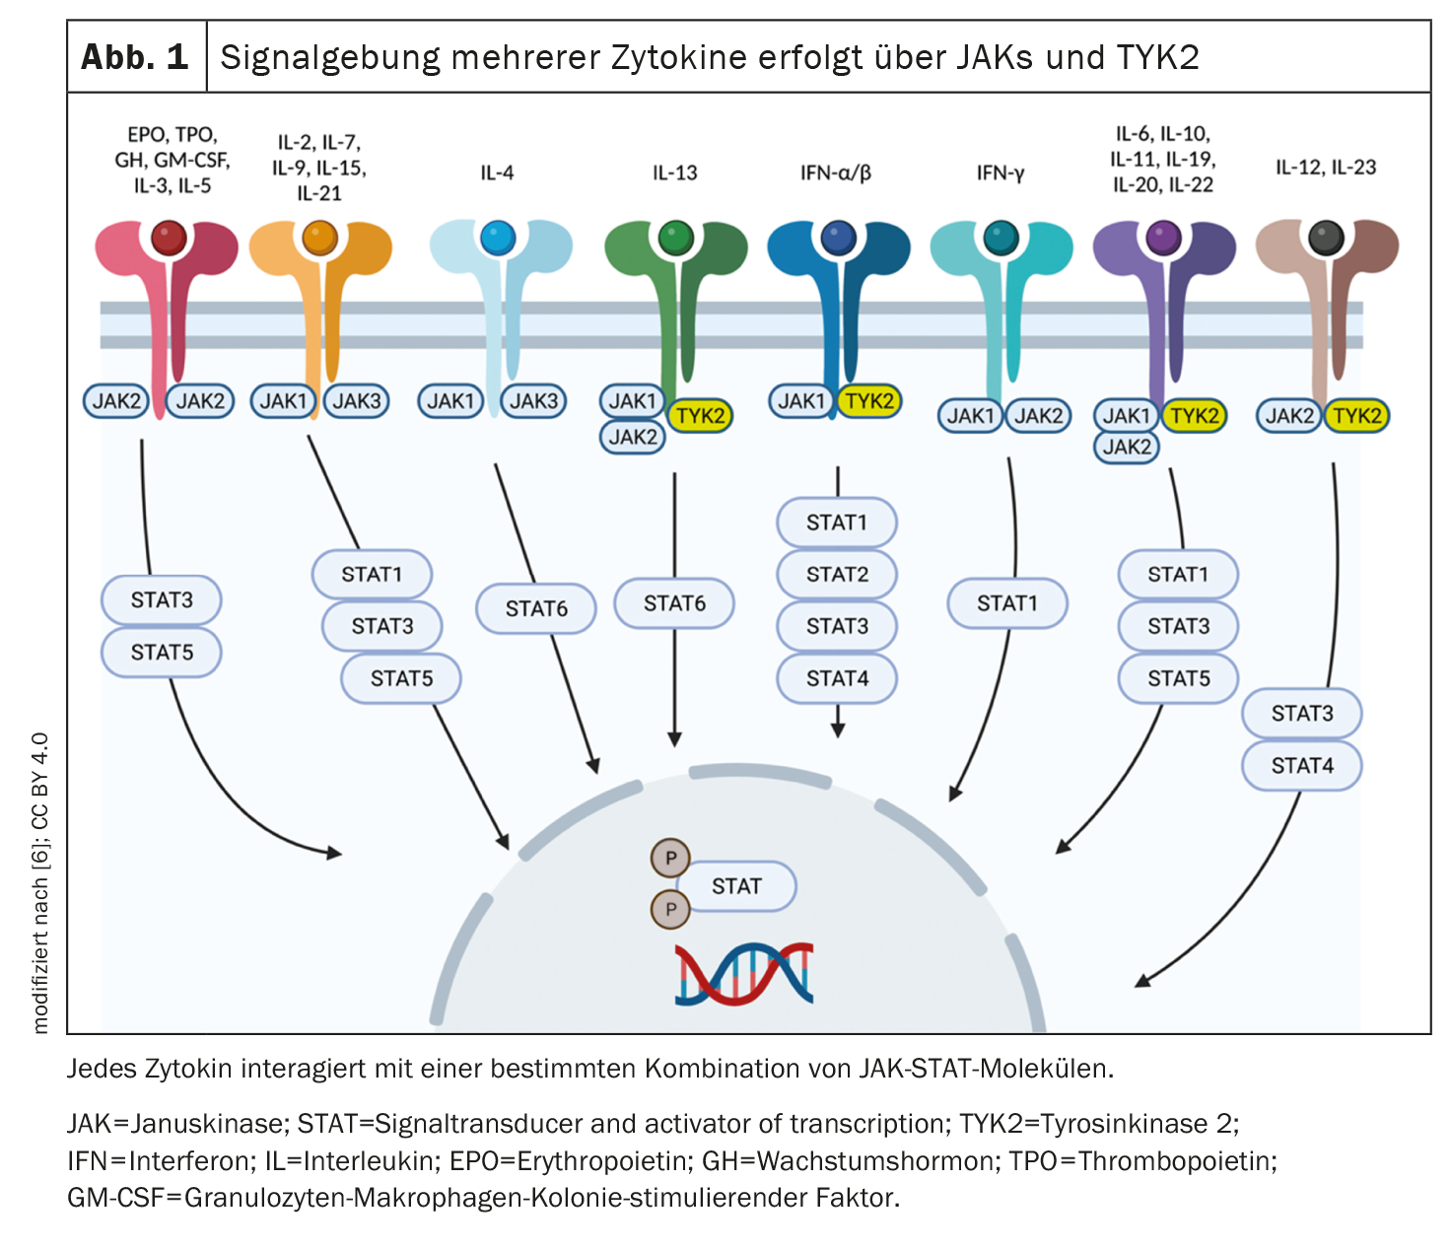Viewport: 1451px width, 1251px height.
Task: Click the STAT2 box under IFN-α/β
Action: point(837,574)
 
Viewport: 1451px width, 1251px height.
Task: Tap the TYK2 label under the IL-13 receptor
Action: point(700,416)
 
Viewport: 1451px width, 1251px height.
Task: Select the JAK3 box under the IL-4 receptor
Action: point(533,401)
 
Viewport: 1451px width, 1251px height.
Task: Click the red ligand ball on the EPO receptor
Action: point(169,238)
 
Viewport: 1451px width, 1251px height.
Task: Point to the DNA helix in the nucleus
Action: point(744,974)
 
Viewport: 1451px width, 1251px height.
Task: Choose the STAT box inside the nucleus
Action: point(736,886)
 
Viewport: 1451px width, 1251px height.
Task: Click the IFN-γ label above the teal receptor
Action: point(1001,174)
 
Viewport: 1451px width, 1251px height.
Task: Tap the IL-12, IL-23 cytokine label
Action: point(1325,168)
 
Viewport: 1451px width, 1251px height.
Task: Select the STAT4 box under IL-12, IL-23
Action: point(1301,765)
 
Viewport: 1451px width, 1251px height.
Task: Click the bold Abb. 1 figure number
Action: point(135,57)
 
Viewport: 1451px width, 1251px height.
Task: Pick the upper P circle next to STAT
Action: point(670,858)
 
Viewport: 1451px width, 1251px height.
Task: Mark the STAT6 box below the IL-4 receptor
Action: point(536,608)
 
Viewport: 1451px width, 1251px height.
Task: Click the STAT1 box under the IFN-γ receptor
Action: point(1006,603)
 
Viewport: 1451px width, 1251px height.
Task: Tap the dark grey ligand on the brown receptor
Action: point(1326,238)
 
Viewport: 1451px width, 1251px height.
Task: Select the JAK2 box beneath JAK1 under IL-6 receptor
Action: point(1126,447)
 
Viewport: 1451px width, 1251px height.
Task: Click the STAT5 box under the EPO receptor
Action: point(162,653)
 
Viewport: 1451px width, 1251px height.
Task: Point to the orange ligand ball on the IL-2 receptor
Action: point(319,238)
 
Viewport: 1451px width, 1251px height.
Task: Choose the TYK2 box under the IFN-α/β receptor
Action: point(869,401)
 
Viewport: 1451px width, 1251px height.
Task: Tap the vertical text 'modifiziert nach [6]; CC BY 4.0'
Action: point(40,882)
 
